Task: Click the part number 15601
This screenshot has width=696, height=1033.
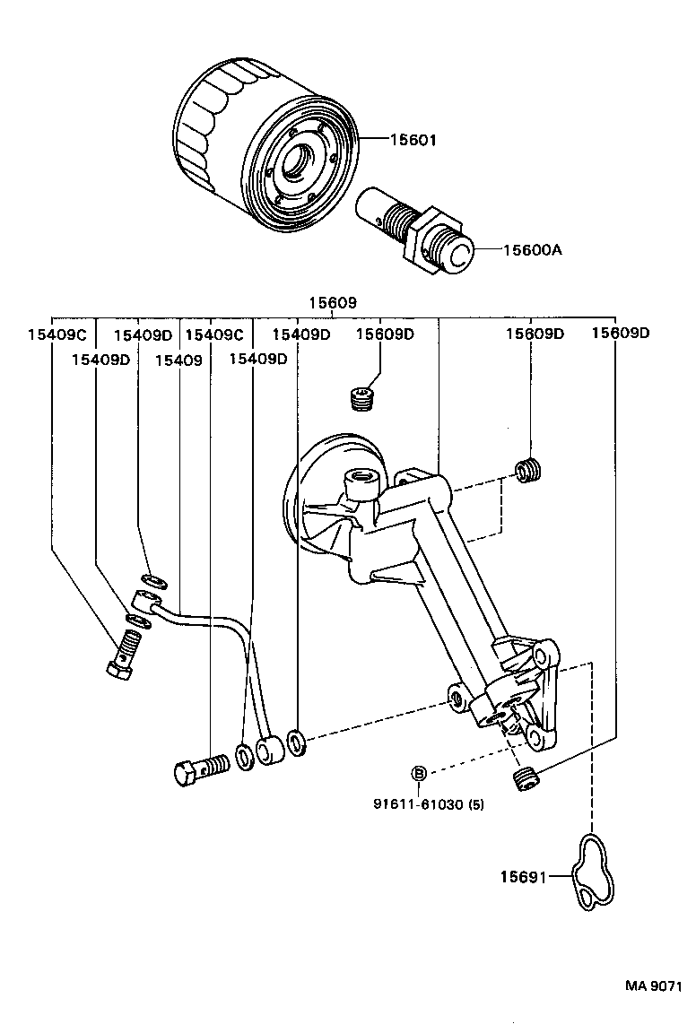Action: tap(413, 140)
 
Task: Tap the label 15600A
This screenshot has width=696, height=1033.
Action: tap(531, 251)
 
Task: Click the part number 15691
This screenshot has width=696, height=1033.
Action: tap(522, 877)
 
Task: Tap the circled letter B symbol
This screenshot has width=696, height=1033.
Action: tap(418, 774)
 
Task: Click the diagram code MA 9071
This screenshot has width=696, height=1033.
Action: tap(654, 985)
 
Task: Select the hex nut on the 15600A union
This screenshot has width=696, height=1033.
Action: tap(420, 239)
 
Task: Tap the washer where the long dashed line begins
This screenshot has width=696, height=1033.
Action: tap(297, 742)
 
